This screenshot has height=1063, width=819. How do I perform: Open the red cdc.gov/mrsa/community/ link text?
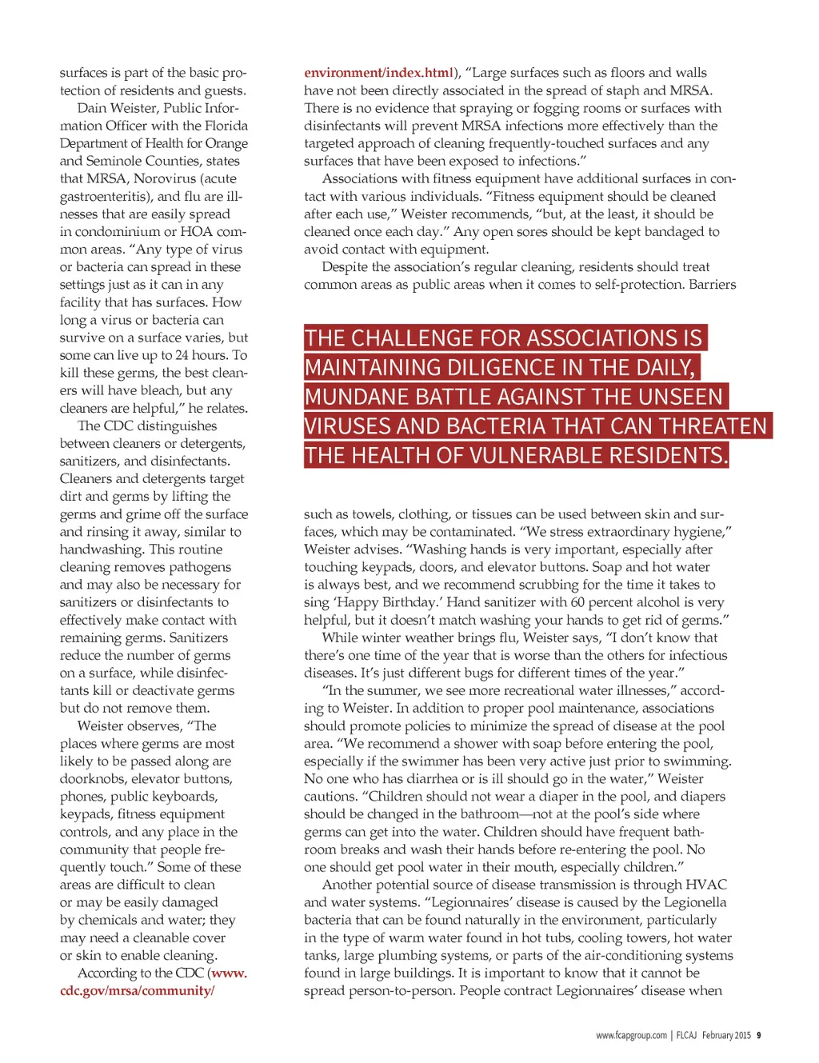137,991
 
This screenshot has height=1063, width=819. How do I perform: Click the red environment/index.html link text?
378,73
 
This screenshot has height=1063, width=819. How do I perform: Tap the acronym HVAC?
708,885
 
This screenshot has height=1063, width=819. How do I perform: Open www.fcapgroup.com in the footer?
631,1035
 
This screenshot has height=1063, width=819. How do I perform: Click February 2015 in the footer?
726,1035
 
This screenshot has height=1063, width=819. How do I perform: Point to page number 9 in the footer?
758,1035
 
